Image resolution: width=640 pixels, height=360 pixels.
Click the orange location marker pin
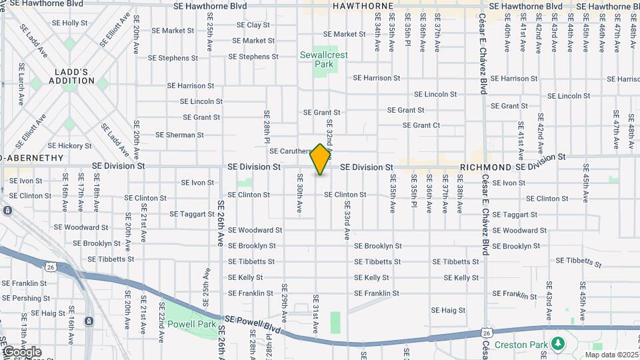click(x=321, y=159)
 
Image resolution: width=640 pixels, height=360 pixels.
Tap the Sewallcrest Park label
click(x=323, y=60)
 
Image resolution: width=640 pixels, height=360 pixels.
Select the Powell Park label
click(x=191, y=325)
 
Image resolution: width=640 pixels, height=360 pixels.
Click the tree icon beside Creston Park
click(x=558, y=343)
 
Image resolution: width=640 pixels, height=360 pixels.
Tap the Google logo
click(x=22, y=352)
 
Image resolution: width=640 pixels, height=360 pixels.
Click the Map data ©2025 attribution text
click(x=611, y=355)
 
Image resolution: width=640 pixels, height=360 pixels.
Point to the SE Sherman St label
click(x=181, y=135)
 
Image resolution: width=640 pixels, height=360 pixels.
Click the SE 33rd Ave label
click(x=347, y=223)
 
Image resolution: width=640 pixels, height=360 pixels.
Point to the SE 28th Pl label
click(x=266, y=127)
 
